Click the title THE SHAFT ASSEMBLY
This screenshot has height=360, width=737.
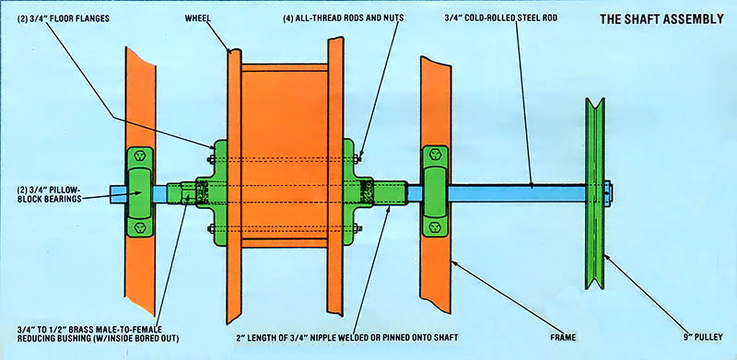[661, 19]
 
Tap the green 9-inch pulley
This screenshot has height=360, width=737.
[594, 193]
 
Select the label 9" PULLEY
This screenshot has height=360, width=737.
[702, 336]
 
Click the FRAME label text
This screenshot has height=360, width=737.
[563, 337]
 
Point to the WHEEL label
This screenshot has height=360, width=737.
[198, 17]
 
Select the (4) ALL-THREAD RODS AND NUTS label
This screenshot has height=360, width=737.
[343, 18]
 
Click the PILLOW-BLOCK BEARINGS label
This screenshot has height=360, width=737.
[48, 194]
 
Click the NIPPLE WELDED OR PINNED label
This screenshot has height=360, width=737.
[347, 337]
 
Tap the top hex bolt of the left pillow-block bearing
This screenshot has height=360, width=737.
[140, 156]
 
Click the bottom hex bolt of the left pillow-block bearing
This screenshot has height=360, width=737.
[140, 227]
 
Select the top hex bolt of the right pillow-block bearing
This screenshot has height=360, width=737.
[435, 155]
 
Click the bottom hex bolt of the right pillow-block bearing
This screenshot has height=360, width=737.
[435, 227]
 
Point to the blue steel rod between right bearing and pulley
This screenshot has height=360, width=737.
[517, 193]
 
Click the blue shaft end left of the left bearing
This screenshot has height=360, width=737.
[119, 194]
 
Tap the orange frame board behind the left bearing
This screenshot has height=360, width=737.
[140, 181]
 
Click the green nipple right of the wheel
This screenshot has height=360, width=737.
[390, 193]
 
